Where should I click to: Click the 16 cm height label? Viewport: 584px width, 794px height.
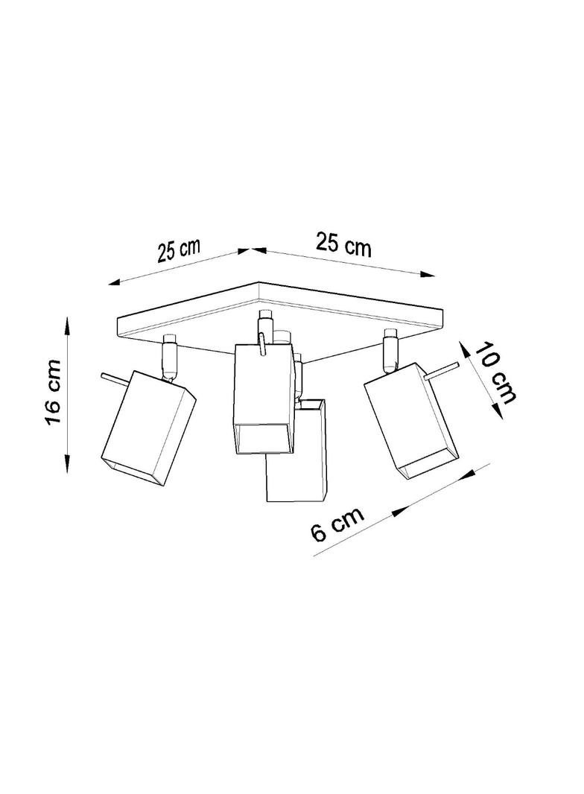point(53,393)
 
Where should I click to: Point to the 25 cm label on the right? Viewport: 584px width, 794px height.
point(344,244)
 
